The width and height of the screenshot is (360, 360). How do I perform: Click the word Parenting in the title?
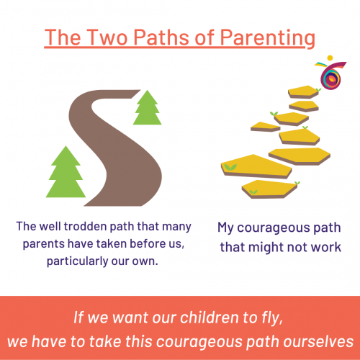(268, 38)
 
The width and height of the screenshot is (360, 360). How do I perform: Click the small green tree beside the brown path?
(148, 107)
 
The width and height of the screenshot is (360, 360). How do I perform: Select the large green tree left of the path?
(66, 172)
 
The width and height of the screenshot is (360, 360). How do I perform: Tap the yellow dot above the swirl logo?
(330, 58)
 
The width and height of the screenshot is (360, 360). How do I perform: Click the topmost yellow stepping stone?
(304, 92)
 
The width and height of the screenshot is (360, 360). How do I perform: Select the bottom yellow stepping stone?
(269, 189)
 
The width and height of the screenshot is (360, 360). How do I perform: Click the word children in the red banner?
(210, 318)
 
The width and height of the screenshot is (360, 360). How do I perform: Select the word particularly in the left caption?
(77, 261)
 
